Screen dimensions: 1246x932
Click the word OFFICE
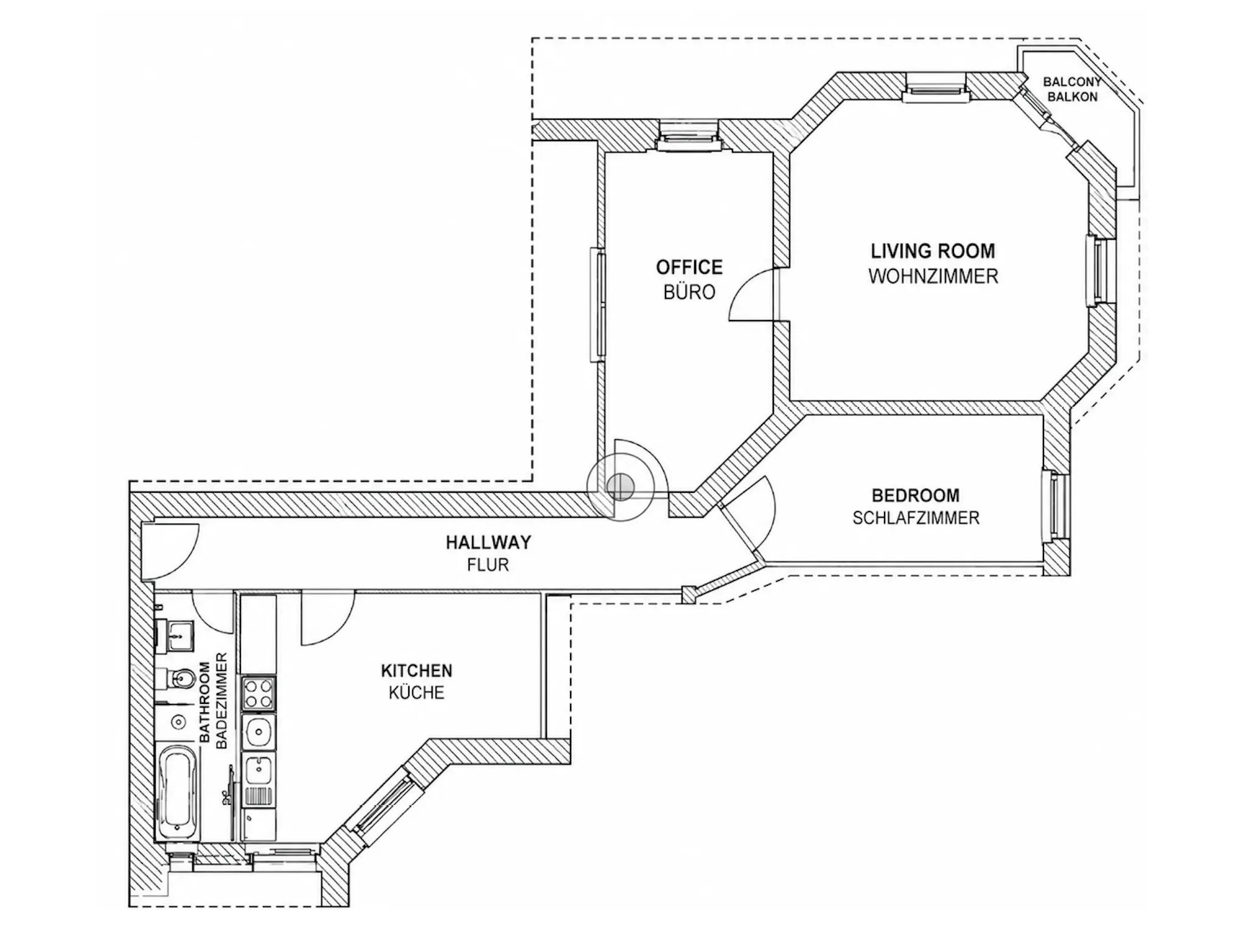pos(689,267)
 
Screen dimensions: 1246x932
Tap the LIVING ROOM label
pos(933,251)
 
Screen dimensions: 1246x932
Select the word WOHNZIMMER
pos(933,277)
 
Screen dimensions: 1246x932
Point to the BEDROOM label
pos(916,495)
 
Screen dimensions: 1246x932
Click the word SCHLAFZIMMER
pos(916,518)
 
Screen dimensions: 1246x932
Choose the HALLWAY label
pos(489,542)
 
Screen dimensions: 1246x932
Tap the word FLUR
pos(488,565)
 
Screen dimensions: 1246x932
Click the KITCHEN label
pos(417,670)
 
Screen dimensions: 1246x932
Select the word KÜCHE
pos(417,693)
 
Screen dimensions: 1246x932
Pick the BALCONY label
pos(1072,82)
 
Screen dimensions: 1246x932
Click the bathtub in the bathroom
pos(178,791)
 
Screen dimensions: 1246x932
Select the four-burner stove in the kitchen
pos(259,694)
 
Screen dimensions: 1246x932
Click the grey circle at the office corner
pos(621,485)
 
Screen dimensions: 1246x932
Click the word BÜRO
pos(689,292)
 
